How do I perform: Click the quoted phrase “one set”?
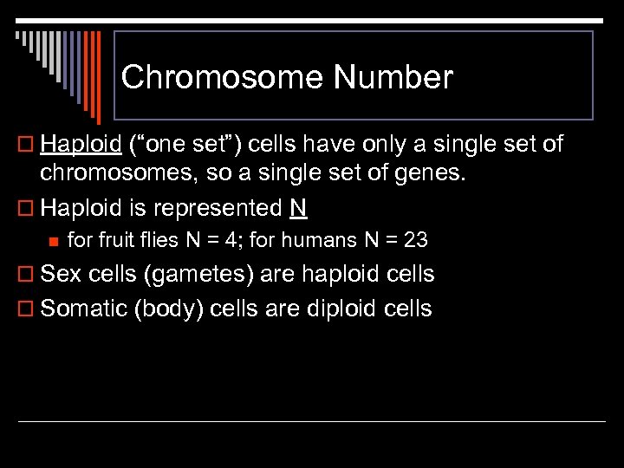click(182, 144)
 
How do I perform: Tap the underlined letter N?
click(299, 208)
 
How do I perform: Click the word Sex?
click(62, 275)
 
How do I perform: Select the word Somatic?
click(85, 309)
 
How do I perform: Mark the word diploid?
click(329, 309)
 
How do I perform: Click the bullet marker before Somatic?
click(25, 309)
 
